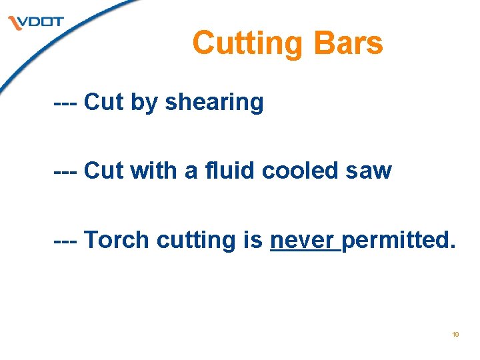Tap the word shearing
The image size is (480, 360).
(214, 103)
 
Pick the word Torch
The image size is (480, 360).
(117, 239)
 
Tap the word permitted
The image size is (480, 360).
(399, 240)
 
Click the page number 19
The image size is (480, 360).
(455, 334)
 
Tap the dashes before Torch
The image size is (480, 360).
(67, 240)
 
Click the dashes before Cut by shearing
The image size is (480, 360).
(67, 103)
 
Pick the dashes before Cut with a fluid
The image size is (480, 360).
(67, 171)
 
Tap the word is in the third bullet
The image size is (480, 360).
(253, 239)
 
